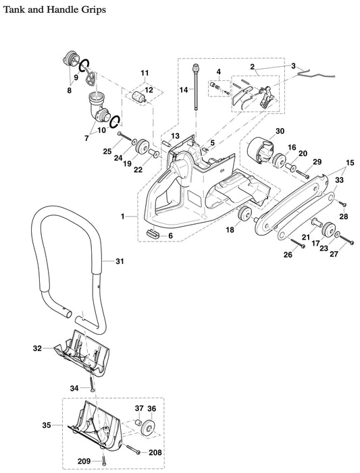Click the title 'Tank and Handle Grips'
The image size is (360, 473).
[53, 10]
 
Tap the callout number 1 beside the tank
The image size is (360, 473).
[122, 216]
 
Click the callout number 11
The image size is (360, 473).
[144, 72]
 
